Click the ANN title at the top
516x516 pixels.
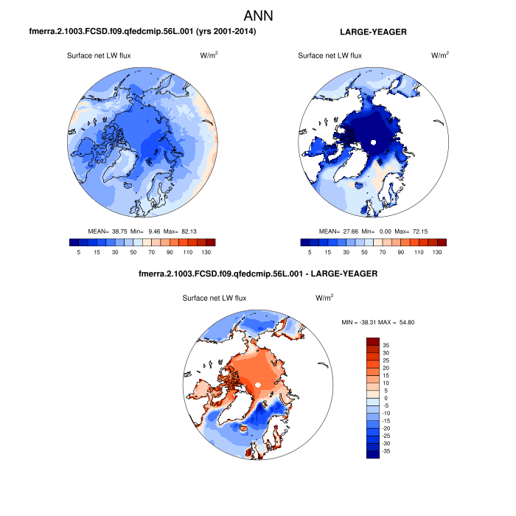258,15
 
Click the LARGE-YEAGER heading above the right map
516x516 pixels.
373,32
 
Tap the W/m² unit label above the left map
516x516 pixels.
209,56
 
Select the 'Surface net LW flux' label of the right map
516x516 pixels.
330,56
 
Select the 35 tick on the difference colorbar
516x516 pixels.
386,344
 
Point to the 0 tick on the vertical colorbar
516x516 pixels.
387,398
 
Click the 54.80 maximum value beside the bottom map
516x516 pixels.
414,322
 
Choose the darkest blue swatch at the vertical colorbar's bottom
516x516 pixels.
373,454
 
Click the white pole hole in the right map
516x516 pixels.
374,142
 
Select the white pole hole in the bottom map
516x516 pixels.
258,385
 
